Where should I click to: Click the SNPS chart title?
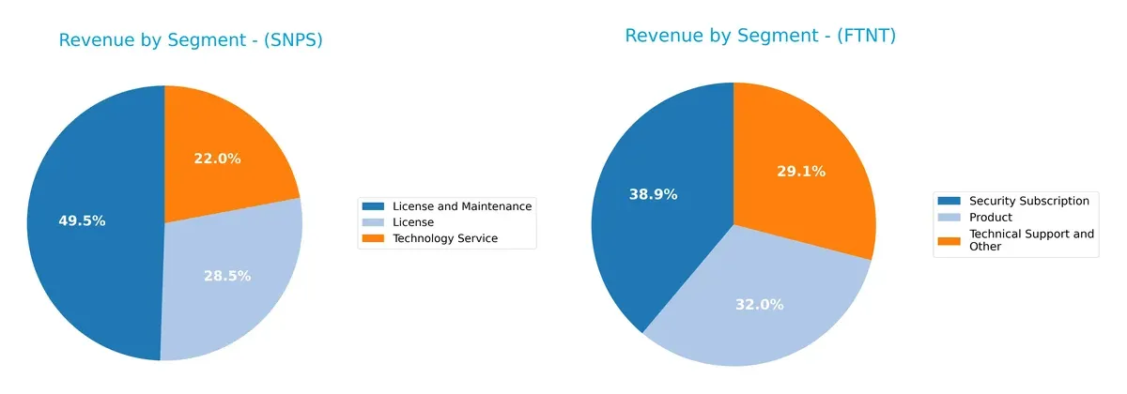point(191,40)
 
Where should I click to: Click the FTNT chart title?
point(760,36)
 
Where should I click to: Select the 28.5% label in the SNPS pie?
point(227,276)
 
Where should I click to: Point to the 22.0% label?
point(217,159)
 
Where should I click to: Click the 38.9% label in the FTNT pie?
point(653,194)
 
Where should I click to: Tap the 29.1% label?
point(801,171)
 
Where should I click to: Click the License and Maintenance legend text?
point(461,206)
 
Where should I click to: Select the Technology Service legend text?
point(444,239)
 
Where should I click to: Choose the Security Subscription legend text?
point(1028,201)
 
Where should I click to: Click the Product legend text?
point(990,218)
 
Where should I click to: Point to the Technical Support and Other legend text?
point(1030,240)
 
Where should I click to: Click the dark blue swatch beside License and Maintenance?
point(374,206)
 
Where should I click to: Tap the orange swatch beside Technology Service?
point(374,239)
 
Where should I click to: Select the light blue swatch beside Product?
point(949,218)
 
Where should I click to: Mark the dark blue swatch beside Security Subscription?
point(949,201)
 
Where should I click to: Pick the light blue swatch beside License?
point(374,222)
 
